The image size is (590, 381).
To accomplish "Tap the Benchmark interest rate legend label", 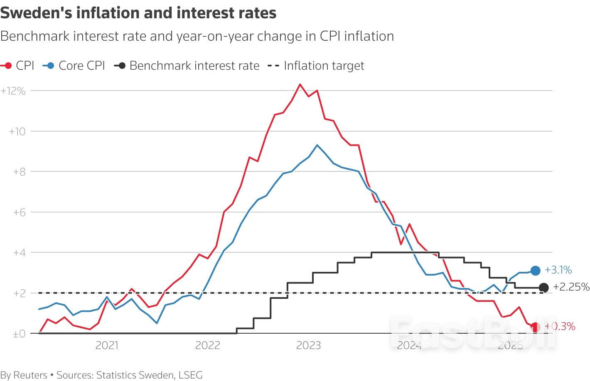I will (x=194, y=66).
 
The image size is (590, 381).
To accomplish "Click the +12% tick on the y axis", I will (x=13, y=91).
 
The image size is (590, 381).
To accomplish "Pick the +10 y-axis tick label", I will (x=17, y=132).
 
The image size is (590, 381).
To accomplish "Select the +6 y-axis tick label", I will (x=19, y=212).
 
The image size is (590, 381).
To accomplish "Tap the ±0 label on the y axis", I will (x=19, y=334).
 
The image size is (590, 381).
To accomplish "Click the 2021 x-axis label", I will (x=107, y=345).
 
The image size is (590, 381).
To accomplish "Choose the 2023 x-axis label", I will (x=308, y=345).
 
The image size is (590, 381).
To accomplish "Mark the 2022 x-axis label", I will (x=207, y=345).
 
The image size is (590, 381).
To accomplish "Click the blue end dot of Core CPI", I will (x=536, y=271).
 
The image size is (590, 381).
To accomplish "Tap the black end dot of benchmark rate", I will (x=543, y=287).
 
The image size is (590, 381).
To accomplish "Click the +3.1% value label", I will (x=558, y=270).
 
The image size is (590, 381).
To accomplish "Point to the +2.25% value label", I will (x=571, y=287).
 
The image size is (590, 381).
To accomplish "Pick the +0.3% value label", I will (x=560, y=327).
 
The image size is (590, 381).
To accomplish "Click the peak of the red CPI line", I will (x=300, y=84).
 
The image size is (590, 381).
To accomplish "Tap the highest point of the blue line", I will (x=317, y=145).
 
